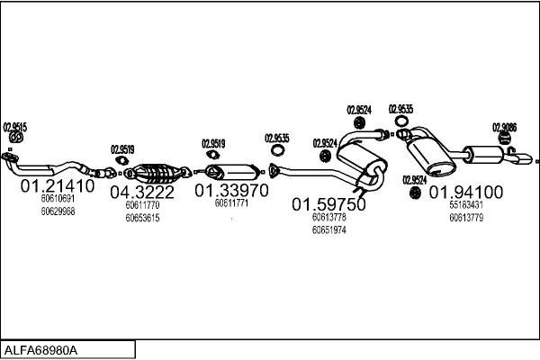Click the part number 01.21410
pyautogui.click(x=57, y=187)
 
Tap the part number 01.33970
pyautogui.click(x=231, y=191)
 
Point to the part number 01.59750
pyautogui.click(x=328, y=204)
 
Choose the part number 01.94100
pyautogui.click(x=465, y=192)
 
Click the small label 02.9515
pyautogui.click(x=15, y=127)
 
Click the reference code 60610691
pyautogui.click(x=58, y=199)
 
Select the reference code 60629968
pyautogui.click(x=58, y=211)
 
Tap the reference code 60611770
pyautogui.click(x=142, y=205)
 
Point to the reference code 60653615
pyautogui.click(x=142, y=218)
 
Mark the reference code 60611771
pyautogui.click(x=231, y=203)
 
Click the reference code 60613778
pyautogui.click(x=328, y=217)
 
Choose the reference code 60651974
pyautogui.click(x=328, y=229)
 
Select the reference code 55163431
pyautogui.click(x=466, y=204)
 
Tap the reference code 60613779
pyautogui.click(x=466, y=217)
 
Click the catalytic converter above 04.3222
pyautogui.click(x=155, y=171)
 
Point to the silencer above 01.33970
pyautogui.click(x=231, y=171)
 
